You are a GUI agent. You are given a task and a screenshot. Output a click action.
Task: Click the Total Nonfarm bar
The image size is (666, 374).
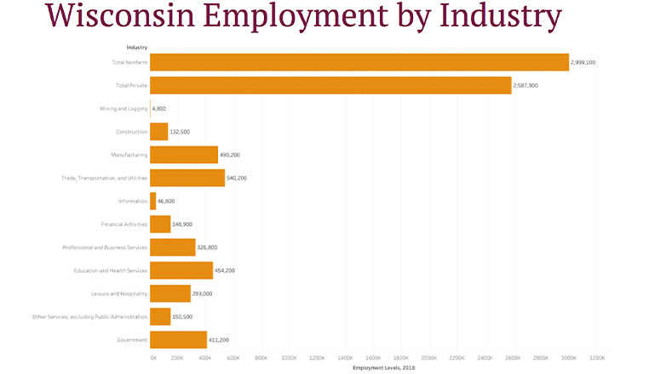tap(359, 62)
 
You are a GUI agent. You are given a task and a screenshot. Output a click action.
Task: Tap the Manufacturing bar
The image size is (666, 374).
tap(184, 155)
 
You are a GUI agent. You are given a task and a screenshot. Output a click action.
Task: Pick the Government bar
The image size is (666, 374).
tap(178, 340)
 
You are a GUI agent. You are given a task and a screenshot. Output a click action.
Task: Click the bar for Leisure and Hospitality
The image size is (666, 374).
tap(170, 293)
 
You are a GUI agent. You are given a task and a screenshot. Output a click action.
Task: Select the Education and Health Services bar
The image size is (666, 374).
tap(181, 270)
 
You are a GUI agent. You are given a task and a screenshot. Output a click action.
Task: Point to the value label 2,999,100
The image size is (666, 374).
tap(583, 62)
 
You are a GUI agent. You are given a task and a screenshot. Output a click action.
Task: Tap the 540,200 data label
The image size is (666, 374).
tap(237, 178)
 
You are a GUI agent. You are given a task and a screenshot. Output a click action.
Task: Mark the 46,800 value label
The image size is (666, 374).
tap(167, 201)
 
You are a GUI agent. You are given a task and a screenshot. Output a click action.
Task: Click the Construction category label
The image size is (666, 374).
tap(132, 132)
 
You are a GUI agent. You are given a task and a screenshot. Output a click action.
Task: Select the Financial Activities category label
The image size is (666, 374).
tap(124, 224)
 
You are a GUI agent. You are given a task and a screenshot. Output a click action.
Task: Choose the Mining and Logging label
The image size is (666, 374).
tap(124, 109)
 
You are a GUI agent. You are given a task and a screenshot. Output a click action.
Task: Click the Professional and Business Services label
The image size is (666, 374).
tap(105, 247)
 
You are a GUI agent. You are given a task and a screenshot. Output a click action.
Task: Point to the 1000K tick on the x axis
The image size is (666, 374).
tap(290, 359)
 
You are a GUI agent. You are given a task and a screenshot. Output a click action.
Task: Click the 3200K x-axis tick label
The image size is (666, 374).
tap(596, 359)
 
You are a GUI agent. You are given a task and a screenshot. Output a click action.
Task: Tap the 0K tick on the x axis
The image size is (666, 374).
tap(153, 359)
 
